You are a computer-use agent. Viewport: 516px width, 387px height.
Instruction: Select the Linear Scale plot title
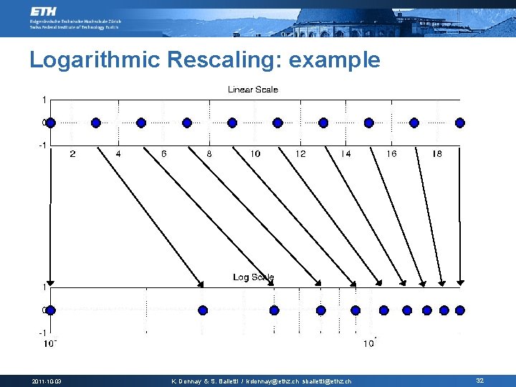click(x=253, y=90)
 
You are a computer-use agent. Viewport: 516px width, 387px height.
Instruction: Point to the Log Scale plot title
click(x=253, y=277)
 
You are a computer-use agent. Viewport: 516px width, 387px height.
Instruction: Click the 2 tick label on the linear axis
click(x=72, y=154)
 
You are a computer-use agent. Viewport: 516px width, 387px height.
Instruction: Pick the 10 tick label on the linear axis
click(x=255, y=154)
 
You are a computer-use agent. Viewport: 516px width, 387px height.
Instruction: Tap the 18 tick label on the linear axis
click(x=437, y=154)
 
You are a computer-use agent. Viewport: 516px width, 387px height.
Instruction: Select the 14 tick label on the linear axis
click(x=346, y=154)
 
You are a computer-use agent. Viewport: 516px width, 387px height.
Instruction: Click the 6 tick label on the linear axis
click(x=164, y=154)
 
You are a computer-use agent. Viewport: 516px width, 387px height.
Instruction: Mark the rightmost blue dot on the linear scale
click(x=460, y=123)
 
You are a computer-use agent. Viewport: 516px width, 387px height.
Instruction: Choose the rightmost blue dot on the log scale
click(x=460, y=310)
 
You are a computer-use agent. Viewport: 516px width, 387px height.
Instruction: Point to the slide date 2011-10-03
click(x=47, y=381)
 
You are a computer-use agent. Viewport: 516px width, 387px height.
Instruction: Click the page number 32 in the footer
click(x=479, y=381)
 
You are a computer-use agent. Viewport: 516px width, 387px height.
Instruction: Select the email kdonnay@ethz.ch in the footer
click(x=273, y=381)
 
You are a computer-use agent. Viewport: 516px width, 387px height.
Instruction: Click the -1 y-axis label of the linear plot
click(x=43, y=145)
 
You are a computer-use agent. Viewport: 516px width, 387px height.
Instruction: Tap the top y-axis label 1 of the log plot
click(x=44, y=287)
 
